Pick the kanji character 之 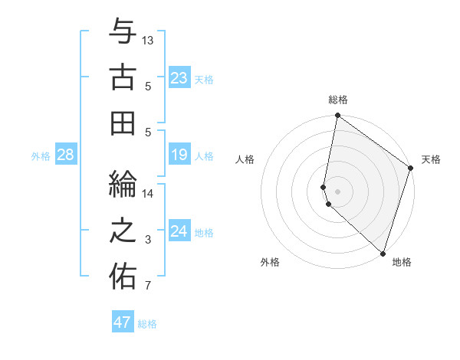(x=122, y=231)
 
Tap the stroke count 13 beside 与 (x=149, y=39)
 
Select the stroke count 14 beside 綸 (x=149, y=193)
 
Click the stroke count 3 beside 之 (x=149, y=241)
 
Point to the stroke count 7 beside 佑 (x=149, y=287)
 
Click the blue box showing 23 (x=179, y=77)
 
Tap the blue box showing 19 (x=179, y=155)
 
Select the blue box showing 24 (x=179, y=231)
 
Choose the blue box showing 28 (x=66, y=155)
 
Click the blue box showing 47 (x=122, y=322)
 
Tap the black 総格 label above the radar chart (x=338, y=100)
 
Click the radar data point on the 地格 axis (x=383, y=253)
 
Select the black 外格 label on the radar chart (x=270, y=262)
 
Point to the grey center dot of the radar (x=338, y=190)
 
